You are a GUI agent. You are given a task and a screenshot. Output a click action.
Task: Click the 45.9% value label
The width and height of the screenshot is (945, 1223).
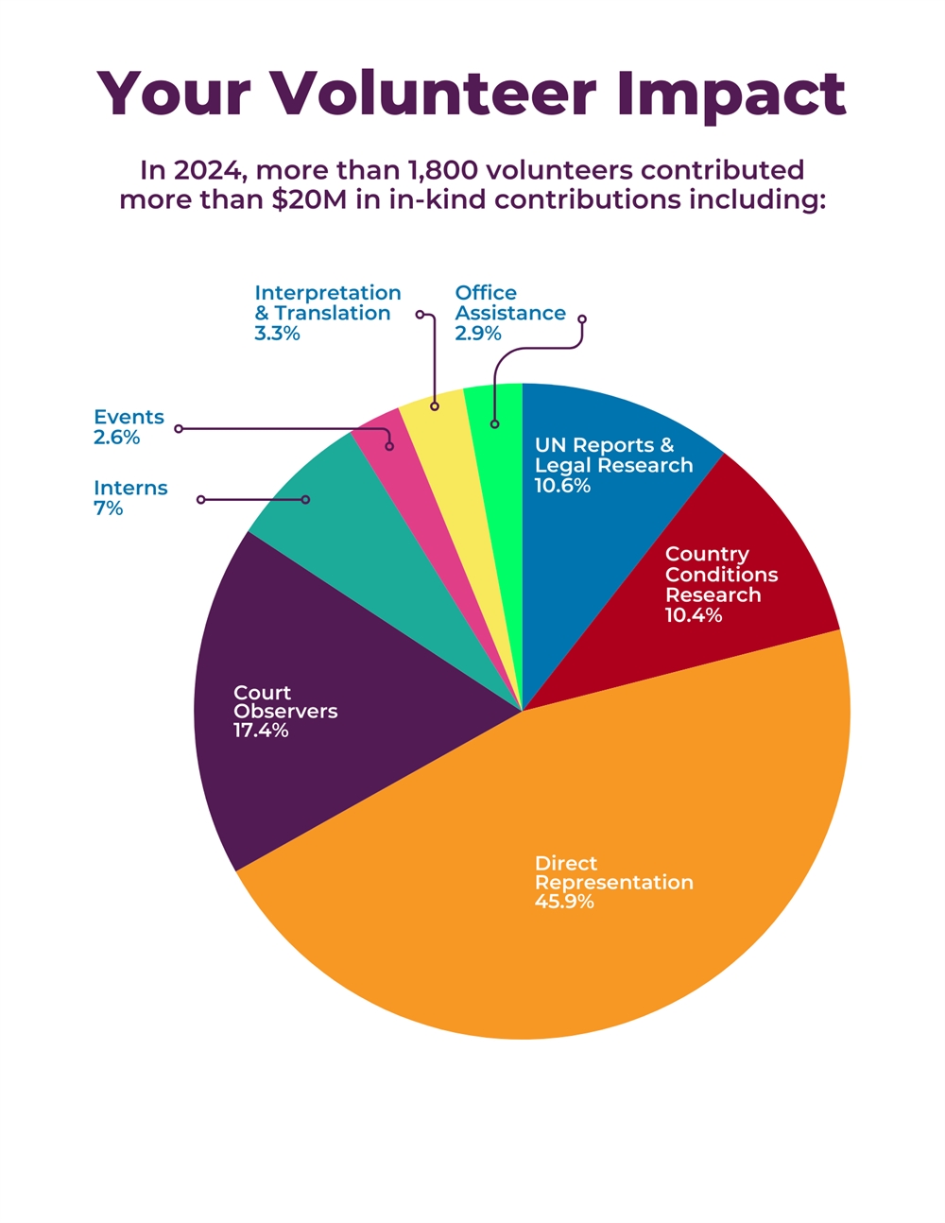(564, 902)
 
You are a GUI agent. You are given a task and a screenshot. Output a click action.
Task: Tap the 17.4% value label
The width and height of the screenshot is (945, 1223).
(261, 731)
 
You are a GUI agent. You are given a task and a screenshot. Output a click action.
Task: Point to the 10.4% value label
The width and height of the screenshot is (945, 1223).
(694, 615)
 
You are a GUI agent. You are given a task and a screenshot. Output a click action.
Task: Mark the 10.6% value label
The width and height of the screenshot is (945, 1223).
(562, 486)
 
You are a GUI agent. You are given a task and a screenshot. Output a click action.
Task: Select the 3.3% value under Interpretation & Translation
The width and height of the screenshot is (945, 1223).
(277, 334)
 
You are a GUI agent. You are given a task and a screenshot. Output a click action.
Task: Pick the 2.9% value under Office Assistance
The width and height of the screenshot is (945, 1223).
(477, 334)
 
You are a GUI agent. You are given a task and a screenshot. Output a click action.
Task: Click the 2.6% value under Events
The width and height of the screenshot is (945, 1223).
(116, 438)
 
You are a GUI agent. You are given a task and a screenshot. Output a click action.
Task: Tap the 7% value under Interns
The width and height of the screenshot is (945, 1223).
(108, 508)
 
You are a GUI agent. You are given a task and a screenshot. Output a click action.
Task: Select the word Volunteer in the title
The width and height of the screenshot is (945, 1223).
(434, 94)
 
